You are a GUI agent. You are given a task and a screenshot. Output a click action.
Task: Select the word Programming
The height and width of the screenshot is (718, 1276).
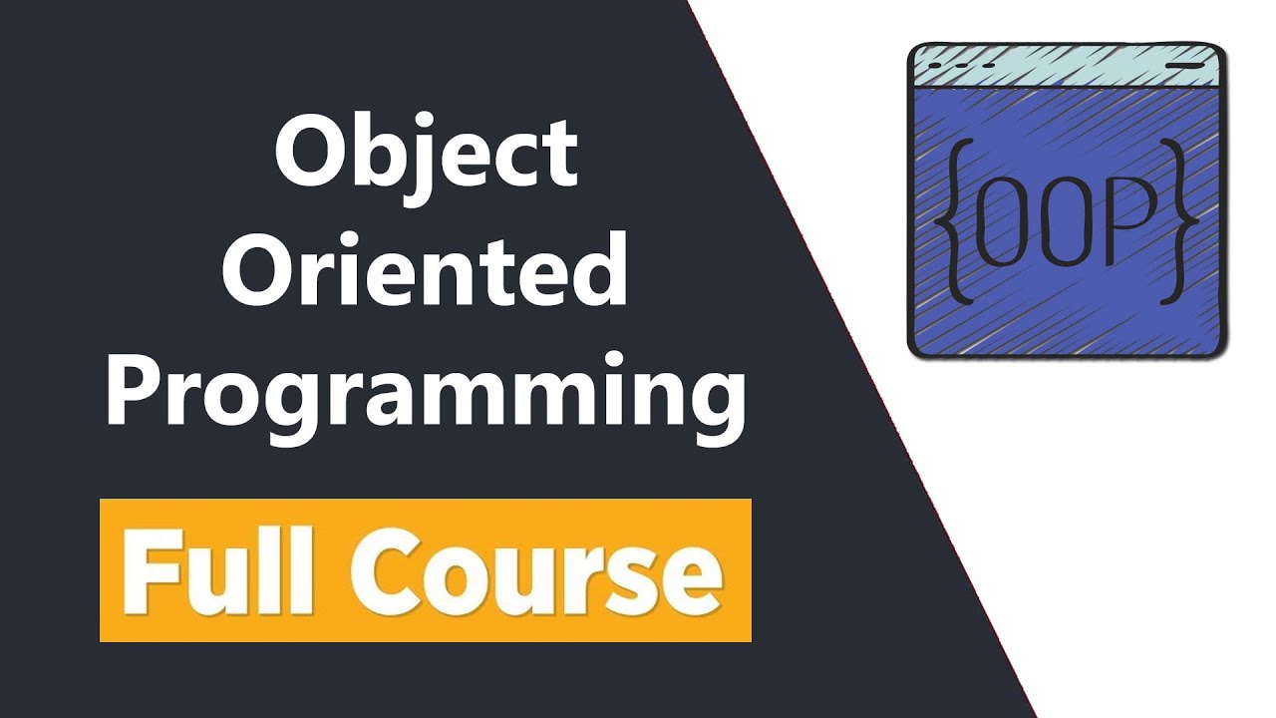426,394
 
